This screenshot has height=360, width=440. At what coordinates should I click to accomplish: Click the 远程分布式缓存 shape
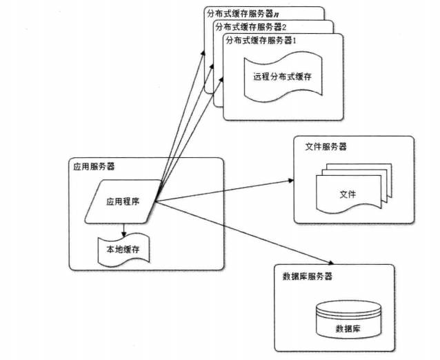pyautogui.click(x=282, y=77)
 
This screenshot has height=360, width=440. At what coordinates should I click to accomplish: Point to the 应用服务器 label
pyautogui.click(x=94, y=166)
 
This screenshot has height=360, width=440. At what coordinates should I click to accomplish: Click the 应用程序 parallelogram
pyautogui.click(x=122, y=202)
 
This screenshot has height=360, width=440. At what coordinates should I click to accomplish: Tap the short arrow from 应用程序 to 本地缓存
pyautogui.click(x=123, y=230)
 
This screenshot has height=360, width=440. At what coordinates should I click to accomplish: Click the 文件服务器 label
pyautogui.click(x=326, y=147)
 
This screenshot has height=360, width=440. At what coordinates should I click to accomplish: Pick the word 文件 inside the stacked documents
pyautogui.click(x=347, y=194)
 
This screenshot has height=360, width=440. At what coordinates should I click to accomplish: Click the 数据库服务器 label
pyautogui.click(x=308, y=276)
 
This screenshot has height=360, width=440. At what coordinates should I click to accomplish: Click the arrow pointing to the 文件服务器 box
pyautogui.click(x=228, y=192)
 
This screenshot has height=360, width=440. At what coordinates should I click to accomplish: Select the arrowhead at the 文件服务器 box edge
pyautogui.click(x=290, y=182)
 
